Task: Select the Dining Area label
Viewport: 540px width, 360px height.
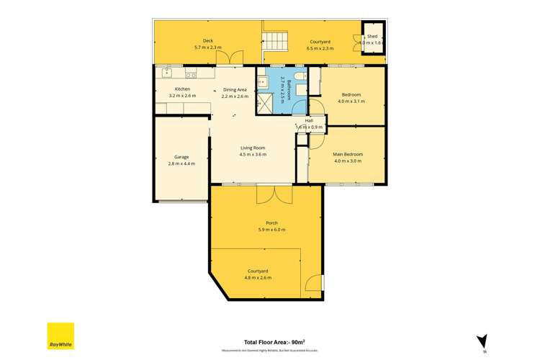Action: pyautogui.click(x=235, y=89)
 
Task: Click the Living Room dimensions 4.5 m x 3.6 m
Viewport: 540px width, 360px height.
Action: pyautogui.click(x=253, y=154)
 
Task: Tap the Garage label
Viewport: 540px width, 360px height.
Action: pyautogui.click(x=181, y=157)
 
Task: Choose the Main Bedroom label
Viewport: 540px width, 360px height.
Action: pyautogui.click(x=348, y=154)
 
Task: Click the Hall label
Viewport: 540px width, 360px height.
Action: pyautogui.click(x=309, y=120)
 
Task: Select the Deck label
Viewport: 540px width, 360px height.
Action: pyautogui.click(x=207, y=40)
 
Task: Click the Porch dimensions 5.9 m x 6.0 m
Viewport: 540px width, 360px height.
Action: pyautogui.click(x=271, y=230)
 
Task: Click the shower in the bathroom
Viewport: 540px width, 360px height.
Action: pyautogui.click(x=266, y=102)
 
